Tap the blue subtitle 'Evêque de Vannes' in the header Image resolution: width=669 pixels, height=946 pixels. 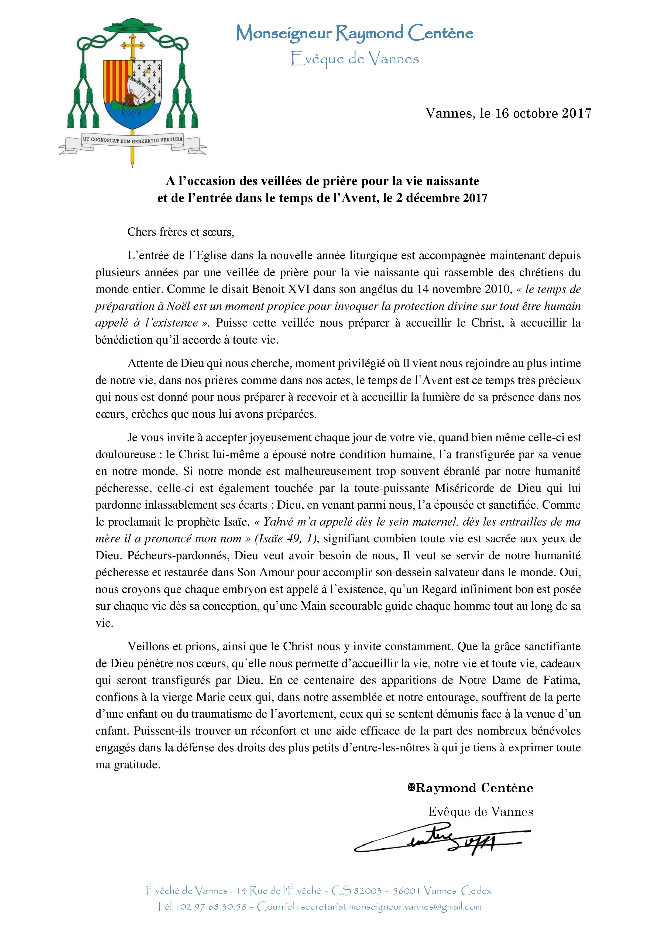pyautogui.click(x=354, y=59)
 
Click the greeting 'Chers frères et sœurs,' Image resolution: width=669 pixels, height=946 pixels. pyautogui.click(x=180, y=232)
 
